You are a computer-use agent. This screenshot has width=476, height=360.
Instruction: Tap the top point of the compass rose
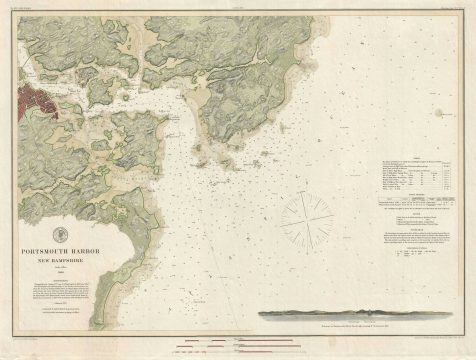click(306, 190)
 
